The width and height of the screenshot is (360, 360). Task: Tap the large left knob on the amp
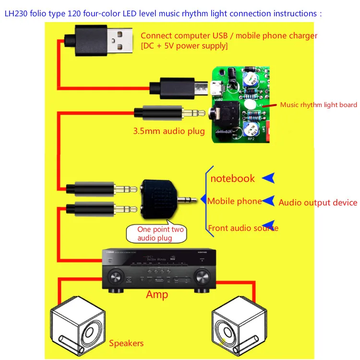coord(115,277)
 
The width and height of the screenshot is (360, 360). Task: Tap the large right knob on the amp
coord(202,277)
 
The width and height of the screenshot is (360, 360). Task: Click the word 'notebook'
coord(233,179)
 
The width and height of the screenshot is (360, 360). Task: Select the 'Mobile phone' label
coord(235,201)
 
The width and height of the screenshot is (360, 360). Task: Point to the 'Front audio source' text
coord(243,228)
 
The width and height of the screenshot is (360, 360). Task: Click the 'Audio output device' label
coord(318,203)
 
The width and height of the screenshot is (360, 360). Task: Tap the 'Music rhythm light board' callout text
coord(318,105)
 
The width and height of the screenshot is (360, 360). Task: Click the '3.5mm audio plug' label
coord(169,131)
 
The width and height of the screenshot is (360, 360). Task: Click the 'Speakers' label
coord(126,343)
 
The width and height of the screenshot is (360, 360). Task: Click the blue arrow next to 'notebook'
coord(269,178)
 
